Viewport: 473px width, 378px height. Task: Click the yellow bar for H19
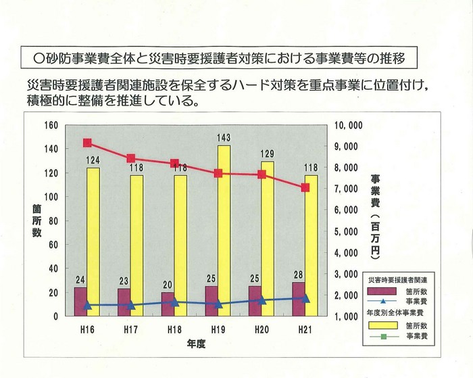click(x=224, y=230)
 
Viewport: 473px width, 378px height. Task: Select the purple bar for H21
click(x=299, y=300)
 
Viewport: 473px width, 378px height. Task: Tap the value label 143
click(x=224, y=138)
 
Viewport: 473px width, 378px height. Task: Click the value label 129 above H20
click(x=268, y=155)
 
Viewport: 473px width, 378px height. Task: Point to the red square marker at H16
click(x=87, y=143)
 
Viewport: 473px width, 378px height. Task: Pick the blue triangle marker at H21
click(x=305, y=298)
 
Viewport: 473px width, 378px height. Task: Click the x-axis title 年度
click(x=197, y=344)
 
